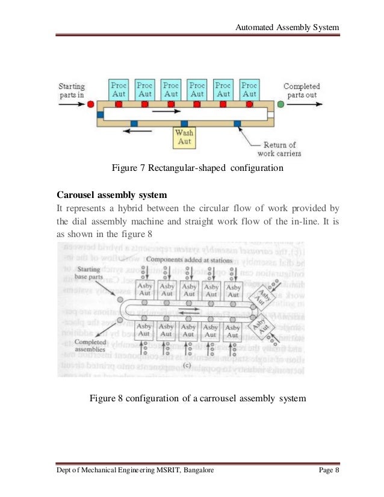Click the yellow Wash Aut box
pos(184,138)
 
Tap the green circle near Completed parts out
pos(280,104)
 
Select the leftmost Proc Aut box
pos(119,90)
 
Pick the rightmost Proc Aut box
pos(249,90)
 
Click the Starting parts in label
pos(72,90)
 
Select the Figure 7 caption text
pos(197,168)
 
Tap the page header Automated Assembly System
pos(286,28)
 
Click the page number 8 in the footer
pos(338,471)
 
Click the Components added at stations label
pos(182,259)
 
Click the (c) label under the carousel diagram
pos(188,363)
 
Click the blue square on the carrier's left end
pos(100,113)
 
